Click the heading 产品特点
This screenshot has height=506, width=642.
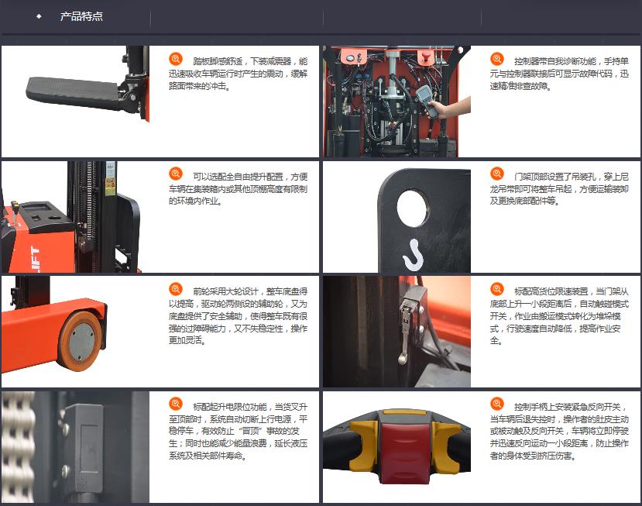pos(81,16)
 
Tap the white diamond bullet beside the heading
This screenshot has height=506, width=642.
pos(39,16)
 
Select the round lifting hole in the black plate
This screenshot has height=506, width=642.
pos(413,208)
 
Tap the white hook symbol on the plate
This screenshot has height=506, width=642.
pos(414,255)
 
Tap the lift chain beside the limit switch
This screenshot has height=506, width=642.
pos(17,446)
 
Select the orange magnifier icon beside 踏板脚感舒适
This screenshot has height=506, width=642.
pos(176,59)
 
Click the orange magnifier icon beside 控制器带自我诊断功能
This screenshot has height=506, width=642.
pos(497,59)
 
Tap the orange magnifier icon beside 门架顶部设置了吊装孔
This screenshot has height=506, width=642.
pos(497,174)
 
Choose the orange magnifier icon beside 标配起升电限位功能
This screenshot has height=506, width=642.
pos(176,404)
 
